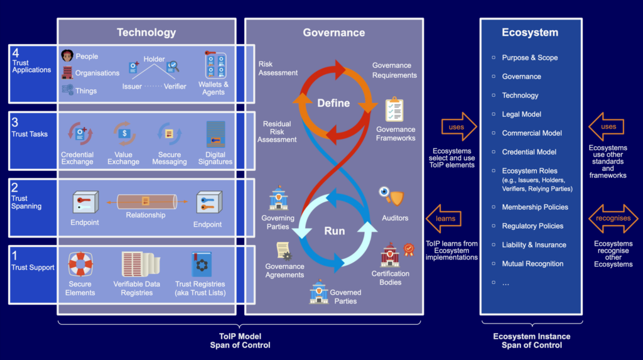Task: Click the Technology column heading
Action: [146, 32]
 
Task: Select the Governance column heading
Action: [333, 33]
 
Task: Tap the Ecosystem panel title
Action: [530, 32]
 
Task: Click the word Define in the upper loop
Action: [333, 103]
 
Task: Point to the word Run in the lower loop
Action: [334, 231]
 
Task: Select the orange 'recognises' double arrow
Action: [613, 219]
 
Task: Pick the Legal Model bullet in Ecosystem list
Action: [521, 114]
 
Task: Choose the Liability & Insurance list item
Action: [534, 245]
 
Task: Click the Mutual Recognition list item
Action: [532, 264]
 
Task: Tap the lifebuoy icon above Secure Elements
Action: [80, 265]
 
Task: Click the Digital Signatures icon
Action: [215, 134]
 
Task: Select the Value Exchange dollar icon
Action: [124, 134]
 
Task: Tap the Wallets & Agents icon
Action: [215, 66]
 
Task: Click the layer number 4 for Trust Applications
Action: [16, 54]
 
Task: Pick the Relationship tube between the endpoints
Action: [145, 202]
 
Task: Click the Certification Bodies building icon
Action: [391, 254]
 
